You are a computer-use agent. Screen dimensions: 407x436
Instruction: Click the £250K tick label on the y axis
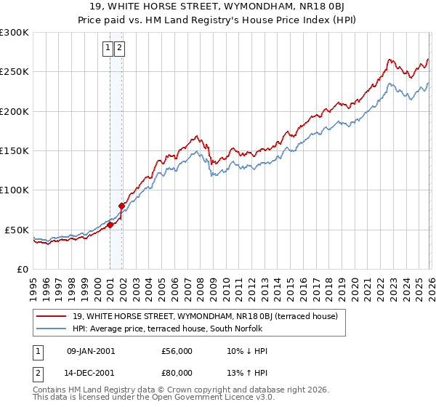point(15,72)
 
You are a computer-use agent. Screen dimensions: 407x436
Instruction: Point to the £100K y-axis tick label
point(15,190)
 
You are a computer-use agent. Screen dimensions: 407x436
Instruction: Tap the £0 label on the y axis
point(22,269)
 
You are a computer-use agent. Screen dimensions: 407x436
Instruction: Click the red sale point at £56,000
point(110,225)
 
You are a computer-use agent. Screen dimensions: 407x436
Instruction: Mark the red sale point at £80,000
point(122,206)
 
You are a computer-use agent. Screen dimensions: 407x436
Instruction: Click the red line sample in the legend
point(52,316)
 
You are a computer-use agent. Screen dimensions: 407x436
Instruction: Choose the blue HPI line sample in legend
point(52,329)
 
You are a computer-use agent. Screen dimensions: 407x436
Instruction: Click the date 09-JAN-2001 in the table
point(89,351)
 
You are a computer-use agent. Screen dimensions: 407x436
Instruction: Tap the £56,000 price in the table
point(177,351)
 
